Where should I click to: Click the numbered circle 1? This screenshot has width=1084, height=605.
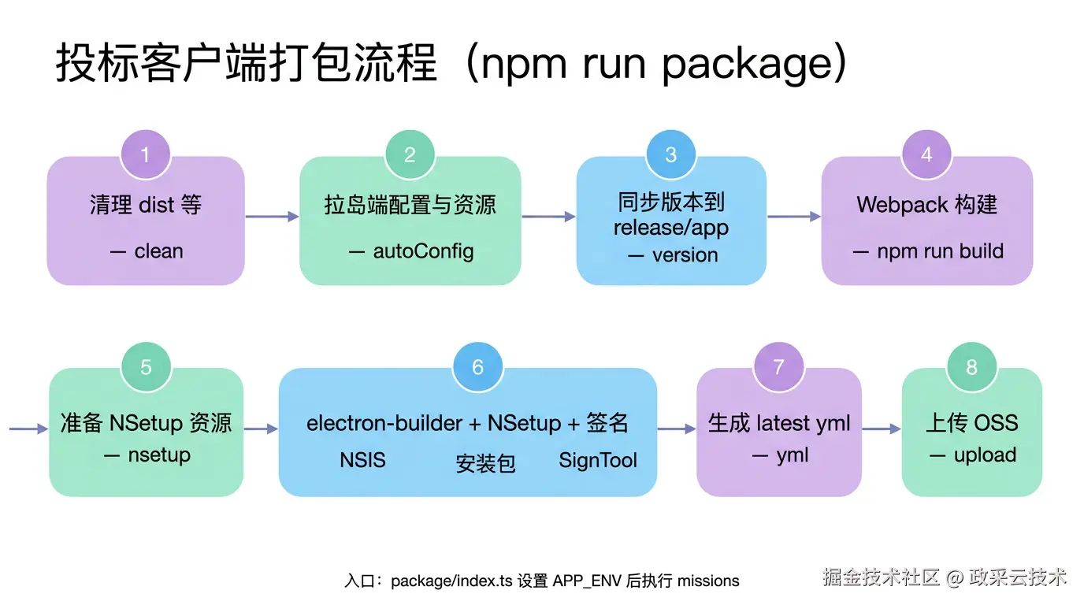(x=145, y=154)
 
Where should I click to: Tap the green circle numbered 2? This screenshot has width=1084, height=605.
(x=410, y=154)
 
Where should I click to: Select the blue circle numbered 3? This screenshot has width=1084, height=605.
(x=671, y=154)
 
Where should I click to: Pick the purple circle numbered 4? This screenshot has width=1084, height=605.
(x=926, y=154)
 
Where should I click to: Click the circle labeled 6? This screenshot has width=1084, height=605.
(x=477, y=367)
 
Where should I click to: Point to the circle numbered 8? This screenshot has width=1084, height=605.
(x=971, y=367)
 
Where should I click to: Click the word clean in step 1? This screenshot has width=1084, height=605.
(x=158, y=251)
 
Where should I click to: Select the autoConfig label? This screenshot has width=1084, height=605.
(x=423, y=251)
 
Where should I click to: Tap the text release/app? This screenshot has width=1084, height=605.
(x=671, y=228)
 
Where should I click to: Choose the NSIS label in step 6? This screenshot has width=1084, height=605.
(x=362, y=460)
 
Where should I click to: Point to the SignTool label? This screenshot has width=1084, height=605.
(x=598, y=460)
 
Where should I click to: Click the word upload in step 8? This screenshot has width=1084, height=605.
(x=985, y=455)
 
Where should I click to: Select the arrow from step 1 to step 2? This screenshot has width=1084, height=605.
(x=272, y=216)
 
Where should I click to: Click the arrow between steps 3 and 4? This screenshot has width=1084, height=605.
(x=794, y=216)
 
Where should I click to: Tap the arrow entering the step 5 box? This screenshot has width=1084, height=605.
(x=28, y=429)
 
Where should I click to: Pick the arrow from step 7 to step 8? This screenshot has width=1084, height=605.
(x=882, y=429)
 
